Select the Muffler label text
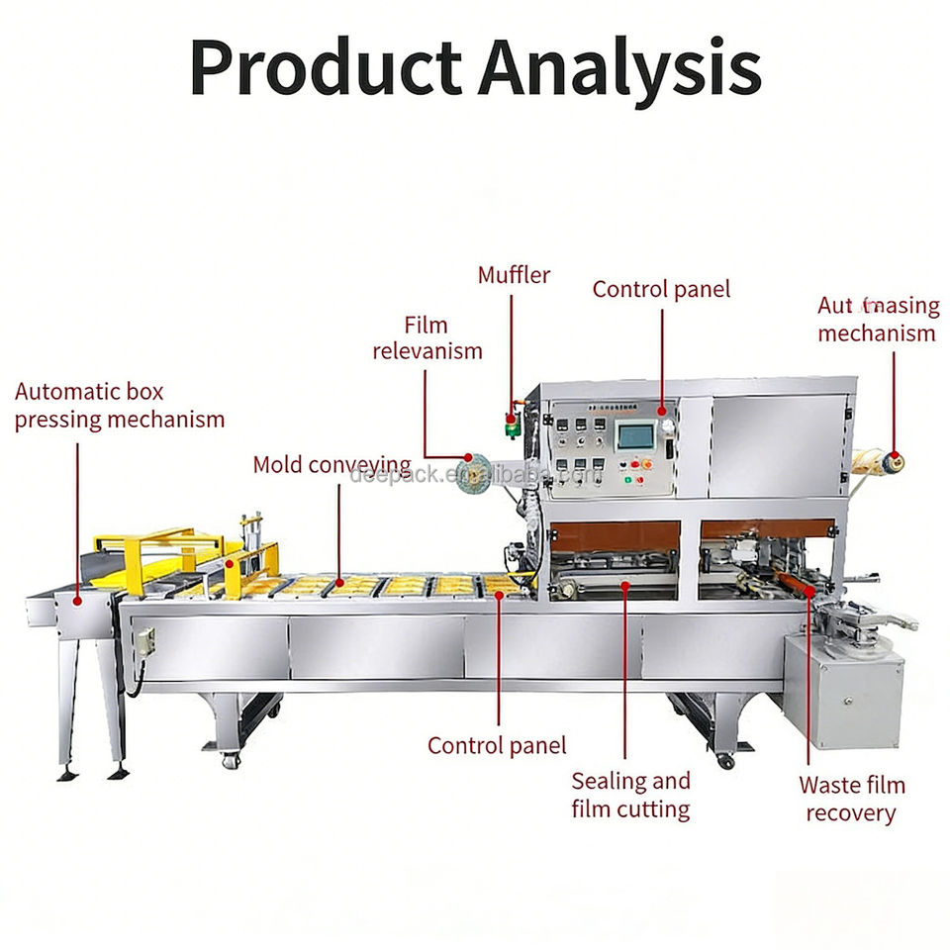click(x=514, y=274)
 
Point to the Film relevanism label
click(x=427, y=337)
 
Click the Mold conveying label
click(x=332, y=464)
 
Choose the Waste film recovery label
click(x=851, y=800)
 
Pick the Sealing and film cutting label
click(x=630, y=795)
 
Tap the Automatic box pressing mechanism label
click(x=120, y=406)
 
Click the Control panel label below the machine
click(x=497, y=745)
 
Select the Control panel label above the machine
click(x=661, y=289)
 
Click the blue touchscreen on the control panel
click(x=635, y=436)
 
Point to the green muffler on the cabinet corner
click(x=512, y=426)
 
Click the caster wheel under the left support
click(x=231, y=761)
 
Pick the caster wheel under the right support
click(x=725, y=761)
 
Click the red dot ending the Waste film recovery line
click(x=810, y=591)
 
